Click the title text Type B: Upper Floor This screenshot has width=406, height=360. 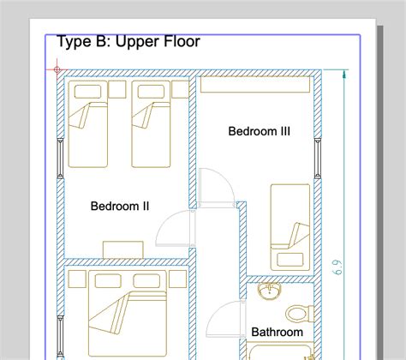[128, 42]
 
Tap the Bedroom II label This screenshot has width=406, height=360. [120, 206]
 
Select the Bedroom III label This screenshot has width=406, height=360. [260, 131]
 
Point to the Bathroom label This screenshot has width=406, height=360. [277, 333]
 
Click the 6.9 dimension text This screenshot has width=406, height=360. [337, 267]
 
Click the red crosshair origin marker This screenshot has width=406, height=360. [57, 69]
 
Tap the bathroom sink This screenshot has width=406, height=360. [269, 291]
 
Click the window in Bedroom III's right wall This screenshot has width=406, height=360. [318, 159]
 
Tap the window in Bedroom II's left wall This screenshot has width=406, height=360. [60, 159]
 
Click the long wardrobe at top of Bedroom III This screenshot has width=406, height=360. [255, 85]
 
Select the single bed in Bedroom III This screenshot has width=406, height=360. [290, 227]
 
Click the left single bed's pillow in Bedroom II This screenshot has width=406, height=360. [87, 92]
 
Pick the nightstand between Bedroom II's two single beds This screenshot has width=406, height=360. [117, 89]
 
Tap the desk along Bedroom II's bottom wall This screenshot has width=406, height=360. [123, 250]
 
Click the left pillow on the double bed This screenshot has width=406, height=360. [108, 280]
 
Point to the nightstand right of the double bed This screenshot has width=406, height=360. [178, 279]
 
